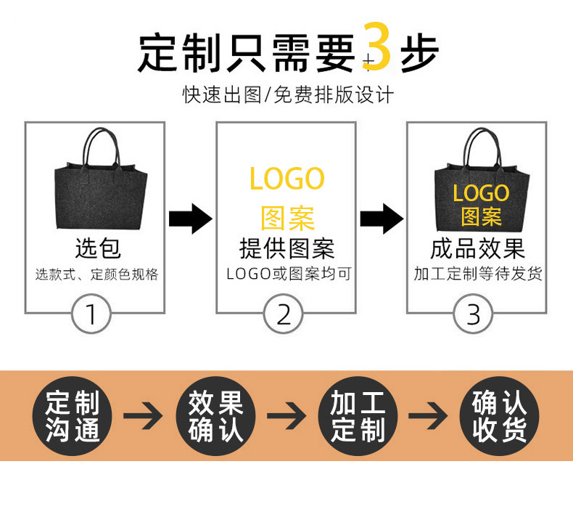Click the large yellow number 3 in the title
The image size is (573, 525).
click(376, 48)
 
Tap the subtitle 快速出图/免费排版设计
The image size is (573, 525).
click(288, 95)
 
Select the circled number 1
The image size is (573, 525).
click(91, 314)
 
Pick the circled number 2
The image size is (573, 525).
click(284, 314)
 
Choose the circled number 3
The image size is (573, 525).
click(473, 314)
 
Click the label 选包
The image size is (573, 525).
click(97, 249)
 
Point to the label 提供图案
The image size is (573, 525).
click(286, 249)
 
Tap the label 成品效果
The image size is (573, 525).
click(477, 249)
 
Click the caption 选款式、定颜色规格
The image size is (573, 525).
click(97, 274)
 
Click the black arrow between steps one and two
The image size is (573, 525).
click(190, 218)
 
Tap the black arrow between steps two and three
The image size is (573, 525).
click(382, 218)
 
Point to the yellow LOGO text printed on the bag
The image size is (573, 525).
click(481, 193)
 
